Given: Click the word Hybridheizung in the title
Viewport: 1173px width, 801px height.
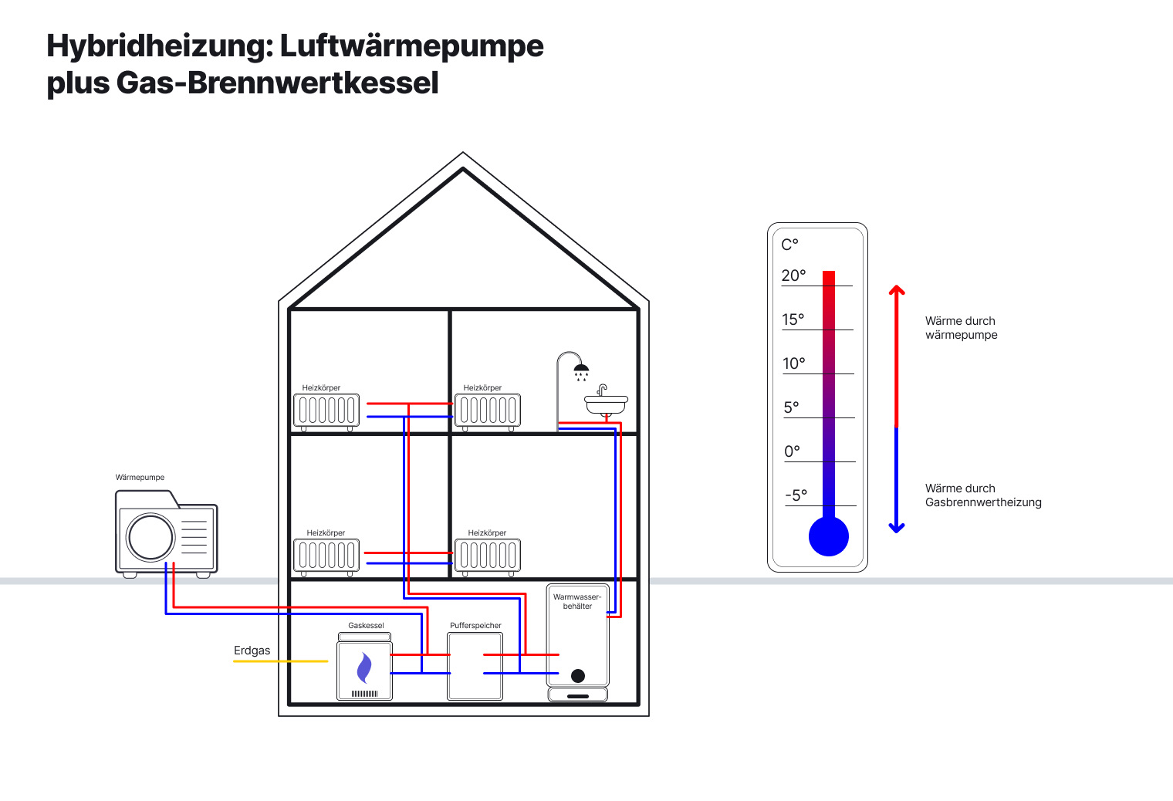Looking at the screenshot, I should point(157,46).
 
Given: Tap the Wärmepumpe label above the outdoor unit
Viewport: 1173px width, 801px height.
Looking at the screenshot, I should point(140,478).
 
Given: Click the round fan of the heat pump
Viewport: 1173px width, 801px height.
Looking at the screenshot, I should point(150,537).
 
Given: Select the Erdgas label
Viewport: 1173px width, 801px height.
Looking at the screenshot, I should point(252,651).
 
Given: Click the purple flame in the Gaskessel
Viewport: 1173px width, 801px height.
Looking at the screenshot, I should point(364,667).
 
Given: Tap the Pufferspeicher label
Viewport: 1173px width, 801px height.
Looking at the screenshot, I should point(475,626).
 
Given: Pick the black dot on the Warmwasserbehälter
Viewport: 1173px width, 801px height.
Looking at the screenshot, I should point(578,676).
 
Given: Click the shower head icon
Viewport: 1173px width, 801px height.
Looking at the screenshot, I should point(581,370).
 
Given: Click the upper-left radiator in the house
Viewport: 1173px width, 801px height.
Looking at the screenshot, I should point(326,410).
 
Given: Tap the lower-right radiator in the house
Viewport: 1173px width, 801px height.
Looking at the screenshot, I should point(488,556).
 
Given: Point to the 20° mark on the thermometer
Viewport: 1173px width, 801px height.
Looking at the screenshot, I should point(793,275).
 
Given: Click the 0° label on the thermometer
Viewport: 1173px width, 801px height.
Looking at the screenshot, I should point(793,451).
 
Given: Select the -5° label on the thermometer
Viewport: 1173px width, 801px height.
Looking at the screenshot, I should point(796,495).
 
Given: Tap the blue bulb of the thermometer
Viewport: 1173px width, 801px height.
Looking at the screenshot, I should point(829,536).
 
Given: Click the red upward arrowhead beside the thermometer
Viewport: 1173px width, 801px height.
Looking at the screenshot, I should point(896,291).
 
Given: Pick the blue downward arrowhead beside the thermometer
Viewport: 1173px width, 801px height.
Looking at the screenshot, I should point(896,528).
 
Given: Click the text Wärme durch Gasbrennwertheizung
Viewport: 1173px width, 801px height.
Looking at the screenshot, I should point(982,495).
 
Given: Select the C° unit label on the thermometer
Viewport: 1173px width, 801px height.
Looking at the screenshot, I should point(789,245).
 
